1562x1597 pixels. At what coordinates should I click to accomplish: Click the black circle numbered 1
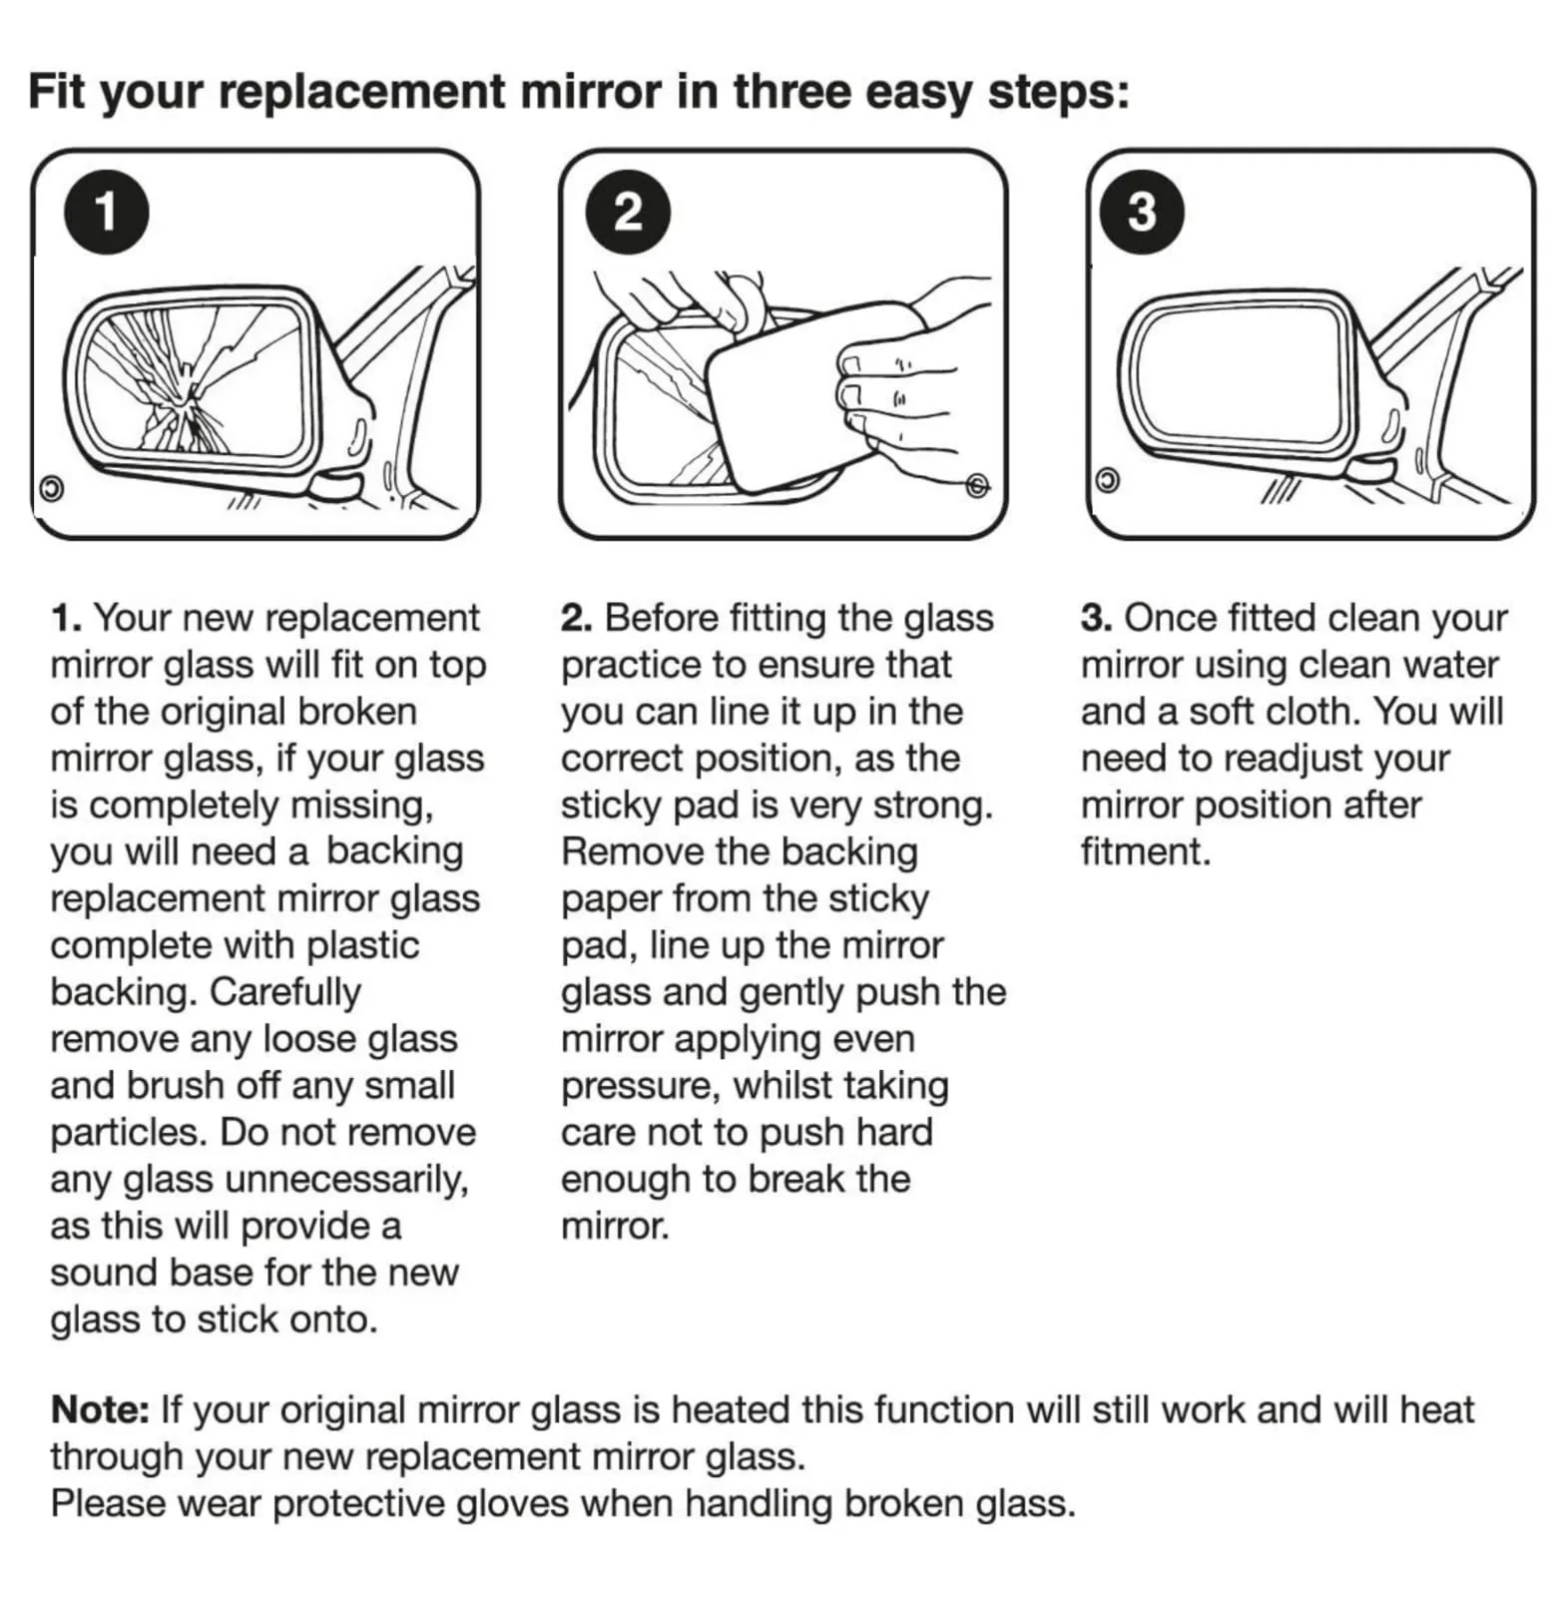point(106,212)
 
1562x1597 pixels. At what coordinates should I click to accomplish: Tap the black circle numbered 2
point(628,212)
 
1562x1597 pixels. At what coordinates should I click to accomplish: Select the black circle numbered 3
point(1142,212)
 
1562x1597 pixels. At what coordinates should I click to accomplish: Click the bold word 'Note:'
point(100,1409)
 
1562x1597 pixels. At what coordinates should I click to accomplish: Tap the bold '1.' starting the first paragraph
point(66,618)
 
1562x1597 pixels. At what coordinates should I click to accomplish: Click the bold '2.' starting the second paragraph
point(577,618)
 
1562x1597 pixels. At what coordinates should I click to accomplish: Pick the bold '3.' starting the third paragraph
point(1097,618)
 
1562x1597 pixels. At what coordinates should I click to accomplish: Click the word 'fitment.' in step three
point(1146,851)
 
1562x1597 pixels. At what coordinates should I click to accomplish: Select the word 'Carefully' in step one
point(285,992)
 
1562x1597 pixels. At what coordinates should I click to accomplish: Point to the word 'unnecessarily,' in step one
point(347,1180)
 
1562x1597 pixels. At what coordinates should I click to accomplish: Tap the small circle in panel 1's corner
point(51,488)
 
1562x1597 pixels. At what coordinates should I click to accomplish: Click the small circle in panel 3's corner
point(1107,480)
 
